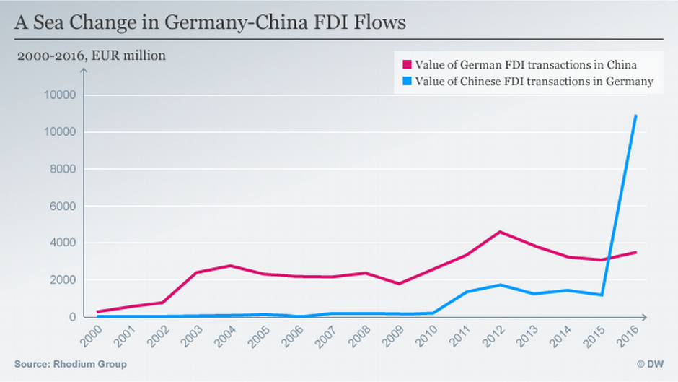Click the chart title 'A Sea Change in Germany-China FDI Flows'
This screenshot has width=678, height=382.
pyautogui.click(x=210, y=22)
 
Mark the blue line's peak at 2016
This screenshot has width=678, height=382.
pyautogui.click(x=635, y=116)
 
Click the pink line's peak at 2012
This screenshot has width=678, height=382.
pyautogui.click(x=500, y=232)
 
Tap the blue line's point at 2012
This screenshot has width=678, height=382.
pyautogui.click(x=500, y=285)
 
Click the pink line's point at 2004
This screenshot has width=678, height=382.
pyautogui.click(x=229, y=266)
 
